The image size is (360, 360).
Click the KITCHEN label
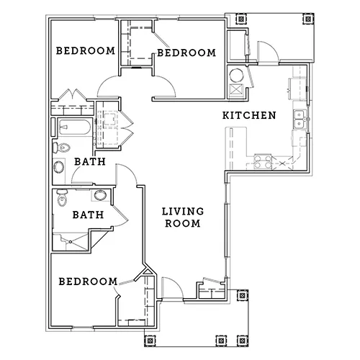pyautogui.click(x=249, y=115)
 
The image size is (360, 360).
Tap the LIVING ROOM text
pyautogui.click(x=183, y=217)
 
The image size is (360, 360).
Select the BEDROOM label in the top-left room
pyautogui.click(x=86, y=51)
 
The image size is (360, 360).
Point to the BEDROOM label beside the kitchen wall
pyautogui.click(x=186, y=53)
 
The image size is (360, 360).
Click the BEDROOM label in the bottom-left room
pyautogui.click(x=88, y=282)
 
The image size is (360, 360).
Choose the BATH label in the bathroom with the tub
pyautogui.click(x=90, y=161)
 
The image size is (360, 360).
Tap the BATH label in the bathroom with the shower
pyautogui.click(x=89, y=215)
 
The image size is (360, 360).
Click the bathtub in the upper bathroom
pyautogui.click(x=75, y=127)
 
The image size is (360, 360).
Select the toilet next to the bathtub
pyautogui.click(x=61, y=148)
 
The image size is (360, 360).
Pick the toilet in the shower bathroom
pyautogui.click(x=62, y=197)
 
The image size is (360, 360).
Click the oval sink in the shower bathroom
pyautogui.click(x=100, y=195)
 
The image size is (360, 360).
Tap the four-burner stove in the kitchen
pyautogui.click(x=263, y=161)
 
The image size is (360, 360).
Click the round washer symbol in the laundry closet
pyautogui.click(x=236, y=76)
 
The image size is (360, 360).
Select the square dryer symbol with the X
pyautogui.click(x=236, y=91)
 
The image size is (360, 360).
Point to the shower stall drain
pyautogui.click(x=71, y=242)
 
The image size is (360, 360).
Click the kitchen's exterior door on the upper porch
pyautogui.click(x=268, y=52)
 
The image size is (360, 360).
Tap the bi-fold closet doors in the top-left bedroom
pyautogui.click(x=72, y=95)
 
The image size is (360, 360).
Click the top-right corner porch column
pyautogui.click(x=308, y=19)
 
